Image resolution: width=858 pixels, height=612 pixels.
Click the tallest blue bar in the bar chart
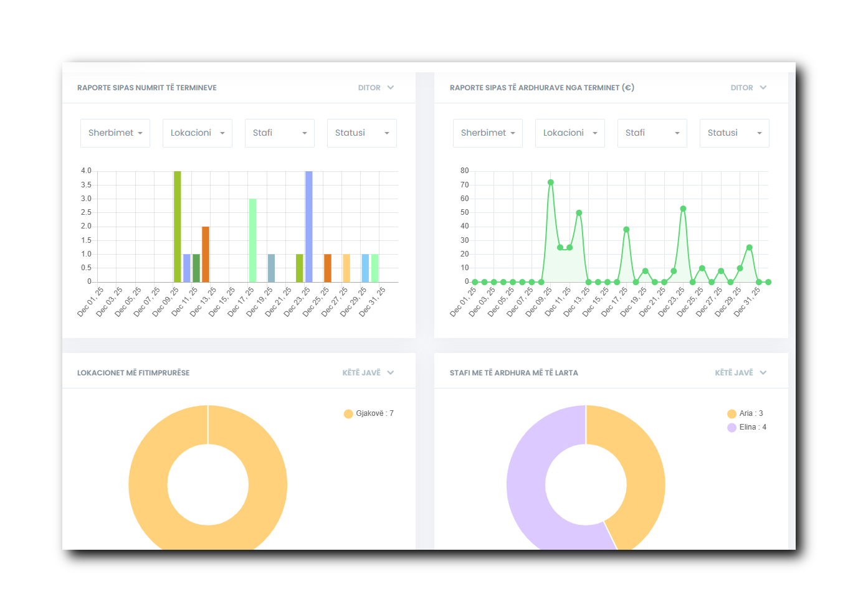coord(309,227)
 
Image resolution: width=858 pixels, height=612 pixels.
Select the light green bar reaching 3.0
coord(252,240)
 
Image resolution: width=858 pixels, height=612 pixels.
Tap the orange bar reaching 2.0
coord(206,254)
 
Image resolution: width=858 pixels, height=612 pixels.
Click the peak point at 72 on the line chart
coord(551,182)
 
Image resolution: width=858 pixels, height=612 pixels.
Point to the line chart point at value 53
coord(683,209)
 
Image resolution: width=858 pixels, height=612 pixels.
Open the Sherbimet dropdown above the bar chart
coord(115,133)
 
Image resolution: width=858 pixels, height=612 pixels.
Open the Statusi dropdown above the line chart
coord(734,133)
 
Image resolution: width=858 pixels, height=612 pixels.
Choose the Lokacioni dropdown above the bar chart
coord(197,133)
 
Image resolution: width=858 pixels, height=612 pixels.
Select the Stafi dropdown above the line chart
coord(652,133)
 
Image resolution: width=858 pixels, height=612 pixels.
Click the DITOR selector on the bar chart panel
coord(376,88)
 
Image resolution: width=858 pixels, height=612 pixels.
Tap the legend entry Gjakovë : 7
coord(369,413)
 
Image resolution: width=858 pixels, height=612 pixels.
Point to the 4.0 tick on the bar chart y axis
coord(86,171)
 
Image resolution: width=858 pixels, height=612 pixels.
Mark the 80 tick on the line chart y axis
coord(464,171)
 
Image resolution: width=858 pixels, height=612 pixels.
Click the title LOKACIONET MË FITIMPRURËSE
coord(133,373)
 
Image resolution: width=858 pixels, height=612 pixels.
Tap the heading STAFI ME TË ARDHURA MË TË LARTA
coord(514,373)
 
